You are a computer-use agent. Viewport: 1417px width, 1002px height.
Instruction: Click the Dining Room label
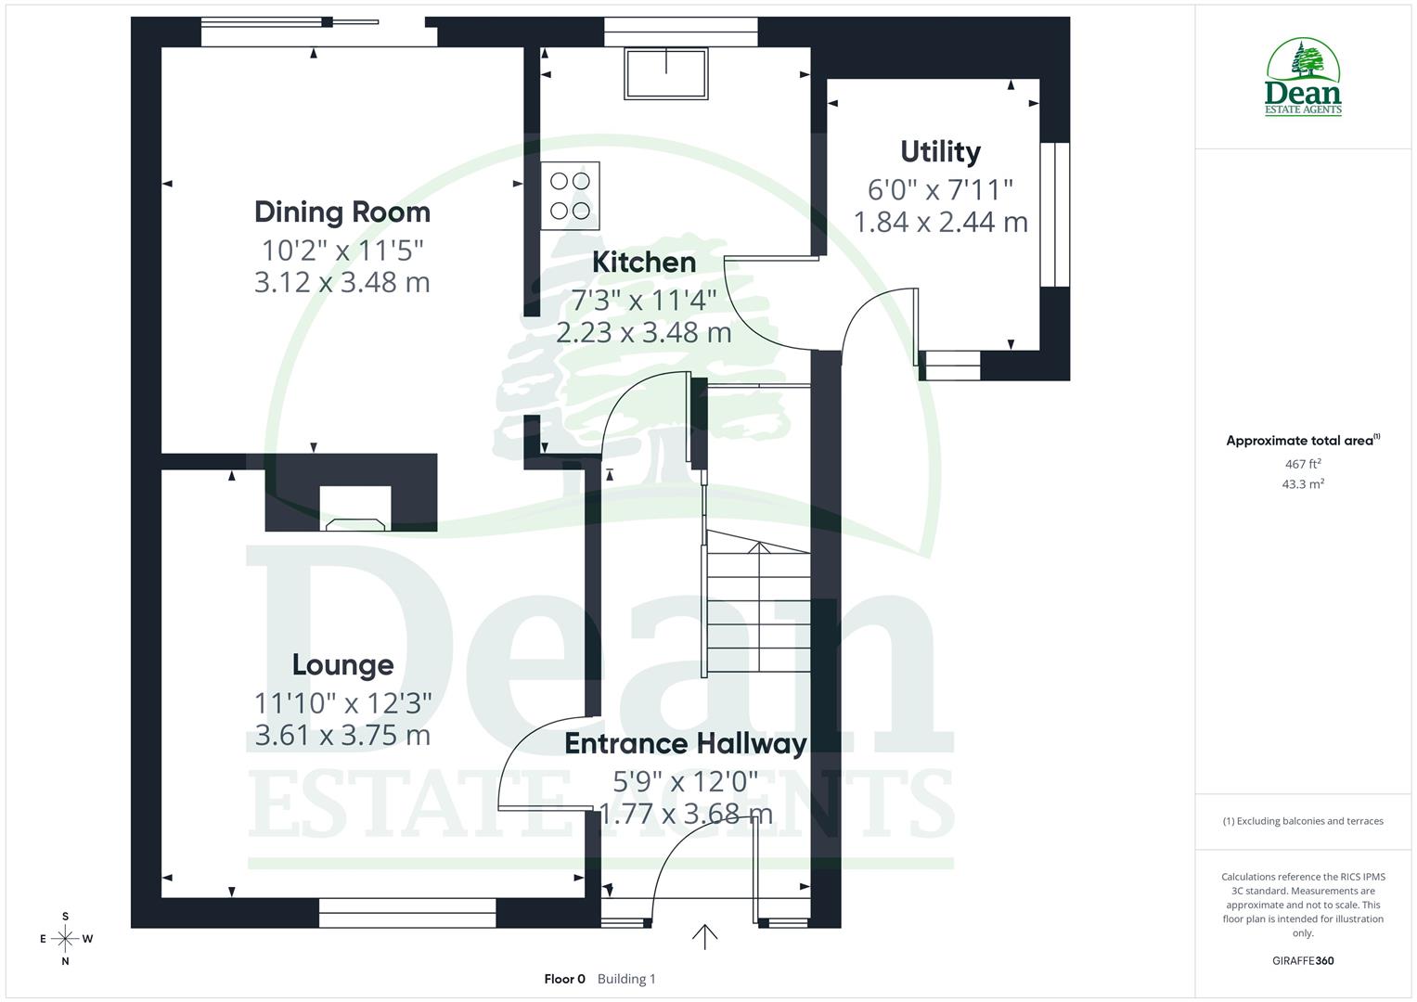341,212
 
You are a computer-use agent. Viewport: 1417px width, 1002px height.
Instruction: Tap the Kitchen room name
644,263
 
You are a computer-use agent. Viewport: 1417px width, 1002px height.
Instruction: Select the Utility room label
940,151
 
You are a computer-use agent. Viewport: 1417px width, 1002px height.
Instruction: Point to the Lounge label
342,665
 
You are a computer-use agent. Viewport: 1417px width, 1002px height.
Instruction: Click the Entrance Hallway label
685,744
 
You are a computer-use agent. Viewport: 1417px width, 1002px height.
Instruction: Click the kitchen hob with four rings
570,196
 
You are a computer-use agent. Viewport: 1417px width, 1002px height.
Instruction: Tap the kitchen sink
666,73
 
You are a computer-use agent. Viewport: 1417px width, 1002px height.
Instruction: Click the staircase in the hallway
758,608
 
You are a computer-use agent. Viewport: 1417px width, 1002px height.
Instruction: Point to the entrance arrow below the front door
704,936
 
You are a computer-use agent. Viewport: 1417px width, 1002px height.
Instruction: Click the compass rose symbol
65,939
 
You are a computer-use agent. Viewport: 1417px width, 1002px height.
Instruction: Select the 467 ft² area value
1302,464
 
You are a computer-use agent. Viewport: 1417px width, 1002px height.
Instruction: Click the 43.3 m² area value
1302,484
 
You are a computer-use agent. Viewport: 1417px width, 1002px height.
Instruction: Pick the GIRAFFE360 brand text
1302,960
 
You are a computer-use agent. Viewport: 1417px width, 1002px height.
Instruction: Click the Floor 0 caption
564,979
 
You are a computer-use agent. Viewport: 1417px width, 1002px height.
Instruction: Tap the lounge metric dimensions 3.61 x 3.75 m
342,736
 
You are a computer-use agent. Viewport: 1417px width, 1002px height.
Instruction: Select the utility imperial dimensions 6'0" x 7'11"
940,190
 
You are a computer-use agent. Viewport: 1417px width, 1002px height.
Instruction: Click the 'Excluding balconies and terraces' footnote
1302,821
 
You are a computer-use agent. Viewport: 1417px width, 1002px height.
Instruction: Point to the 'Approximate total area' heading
1302,441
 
